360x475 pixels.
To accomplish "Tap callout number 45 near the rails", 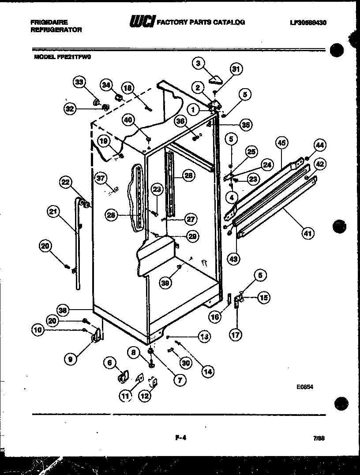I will (281, 143).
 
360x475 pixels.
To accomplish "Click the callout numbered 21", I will (53, 212).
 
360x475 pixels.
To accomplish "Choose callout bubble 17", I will (236, 335).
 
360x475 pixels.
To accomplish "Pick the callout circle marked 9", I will (70, 359).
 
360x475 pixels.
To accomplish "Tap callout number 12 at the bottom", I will (144, 396).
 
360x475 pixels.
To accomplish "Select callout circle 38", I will (64, 310).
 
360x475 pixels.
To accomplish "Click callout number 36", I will (179, 122).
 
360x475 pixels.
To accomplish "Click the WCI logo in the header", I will (141, 22).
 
